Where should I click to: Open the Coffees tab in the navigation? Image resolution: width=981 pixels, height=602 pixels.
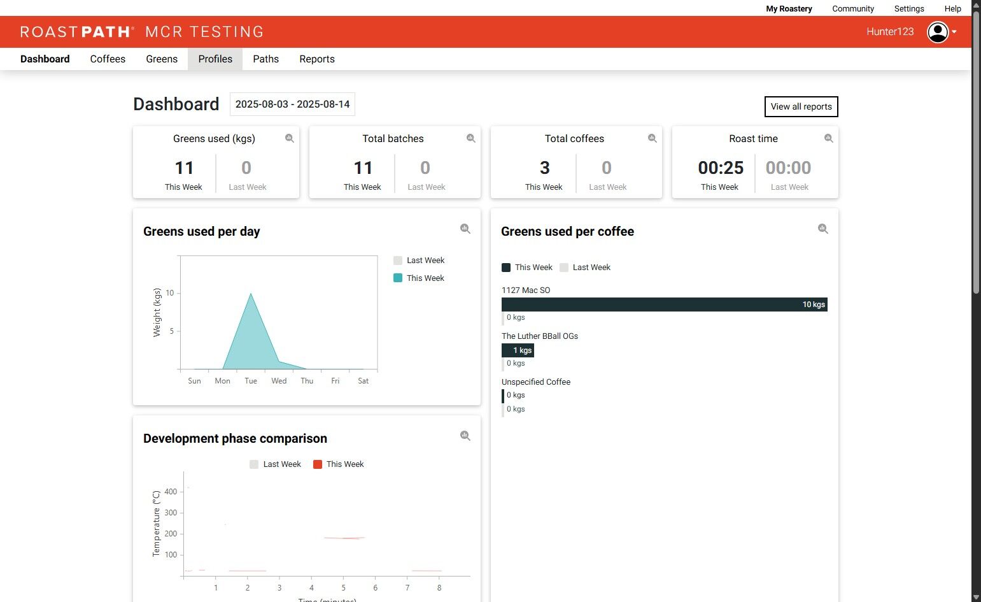108,59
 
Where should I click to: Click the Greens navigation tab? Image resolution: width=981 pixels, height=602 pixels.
162,59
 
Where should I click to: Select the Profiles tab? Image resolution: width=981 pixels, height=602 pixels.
215,59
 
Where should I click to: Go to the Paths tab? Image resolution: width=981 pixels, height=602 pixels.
265,59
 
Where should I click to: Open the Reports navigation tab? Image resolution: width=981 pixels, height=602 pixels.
317,59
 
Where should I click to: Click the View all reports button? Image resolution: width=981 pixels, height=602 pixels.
801,107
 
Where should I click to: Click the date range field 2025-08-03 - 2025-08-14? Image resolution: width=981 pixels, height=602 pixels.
292,104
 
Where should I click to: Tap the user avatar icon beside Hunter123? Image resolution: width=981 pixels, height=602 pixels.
938,32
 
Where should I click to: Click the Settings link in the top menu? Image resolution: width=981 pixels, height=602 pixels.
908,9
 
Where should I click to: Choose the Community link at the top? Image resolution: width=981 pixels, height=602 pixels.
852,9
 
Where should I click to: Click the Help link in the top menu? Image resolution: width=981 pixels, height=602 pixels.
952,9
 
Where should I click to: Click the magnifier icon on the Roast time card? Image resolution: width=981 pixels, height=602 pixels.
828,138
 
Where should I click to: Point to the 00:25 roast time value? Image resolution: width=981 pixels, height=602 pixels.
721,168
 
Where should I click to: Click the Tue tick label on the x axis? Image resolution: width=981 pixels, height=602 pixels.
251,381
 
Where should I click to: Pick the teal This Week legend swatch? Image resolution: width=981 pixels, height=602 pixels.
398,278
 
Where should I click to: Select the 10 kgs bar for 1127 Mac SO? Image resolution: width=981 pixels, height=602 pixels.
664,305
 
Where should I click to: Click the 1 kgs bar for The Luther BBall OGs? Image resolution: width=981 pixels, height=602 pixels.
518,350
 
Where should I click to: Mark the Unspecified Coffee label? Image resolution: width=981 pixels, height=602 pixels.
535,382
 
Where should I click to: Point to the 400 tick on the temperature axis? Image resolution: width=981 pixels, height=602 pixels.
171,492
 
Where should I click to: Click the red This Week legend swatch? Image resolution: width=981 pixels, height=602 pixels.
318,464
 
